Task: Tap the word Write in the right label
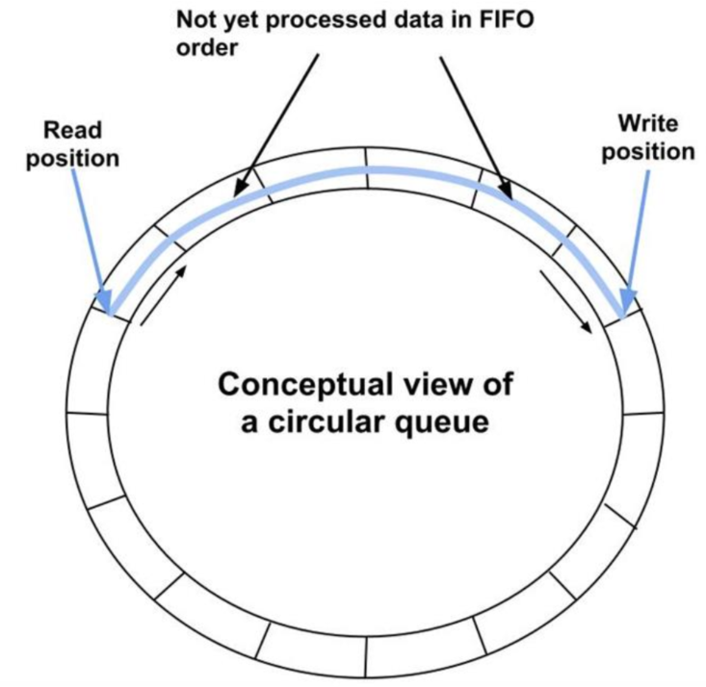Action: tap(648, 124)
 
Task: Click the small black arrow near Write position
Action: tap(567, 301)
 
